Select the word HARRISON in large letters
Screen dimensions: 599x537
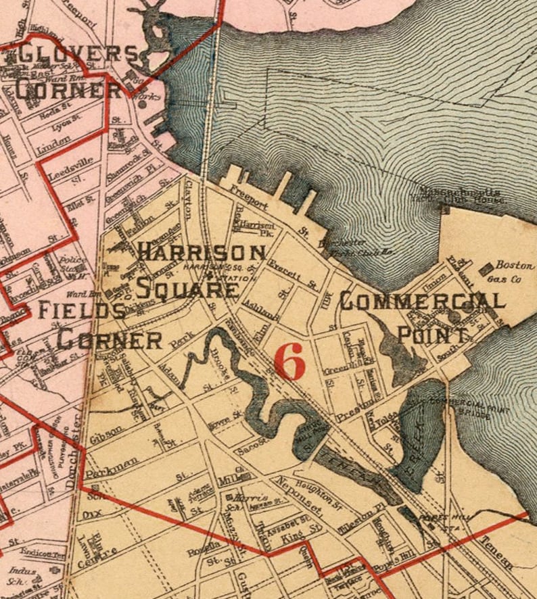(201, 253)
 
